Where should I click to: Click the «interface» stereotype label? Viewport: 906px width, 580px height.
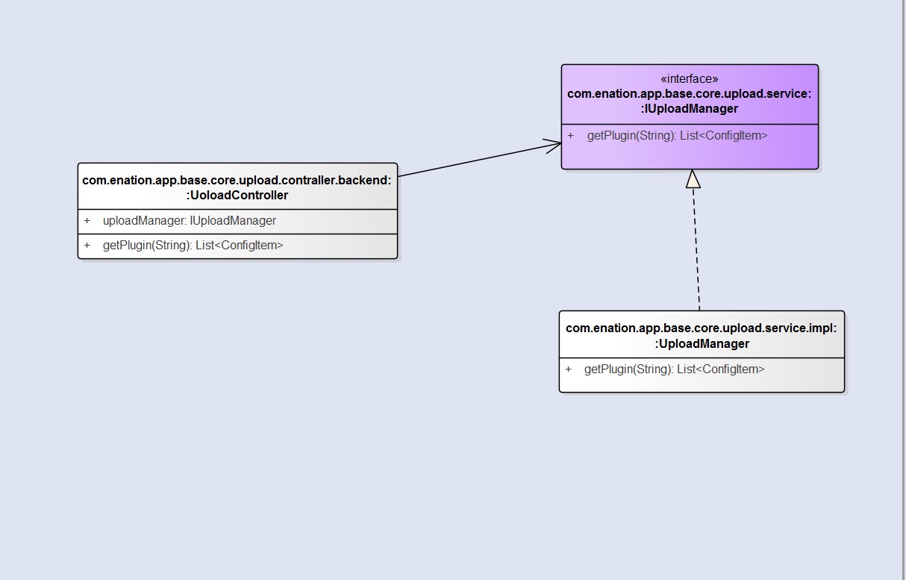[689, 79]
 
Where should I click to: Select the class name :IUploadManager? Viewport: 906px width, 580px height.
[689, 108]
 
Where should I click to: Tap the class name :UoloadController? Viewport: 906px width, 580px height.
[237, 195]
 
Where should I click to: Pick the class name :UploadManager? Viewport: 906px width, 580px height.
[702, 343]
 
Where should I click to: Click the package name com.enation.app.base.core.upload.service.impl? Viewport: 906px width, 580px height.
[702, 328]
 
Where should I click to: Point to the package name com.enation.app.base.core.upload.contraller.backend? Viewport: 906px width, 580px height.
[237, 180]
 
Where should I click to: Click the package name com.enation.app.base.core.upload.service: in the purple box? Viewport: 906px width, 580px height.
[689, 93]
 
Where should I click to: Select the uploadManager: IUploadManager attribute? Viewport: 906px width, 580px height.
[190, 221]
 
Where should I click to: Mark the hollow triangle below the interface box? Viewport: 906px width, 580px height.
[693, 179]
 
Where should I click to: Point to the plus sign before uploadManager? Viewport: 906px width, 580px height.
[87, 221]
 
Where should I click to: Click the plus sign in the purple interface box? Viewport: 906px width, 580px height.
[571, 135]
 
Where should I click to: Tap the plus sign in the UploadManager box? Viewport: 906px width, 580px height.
[569, 369]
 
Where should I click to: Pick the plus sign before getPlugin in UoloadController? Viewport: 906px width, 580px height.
[87, 245]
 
